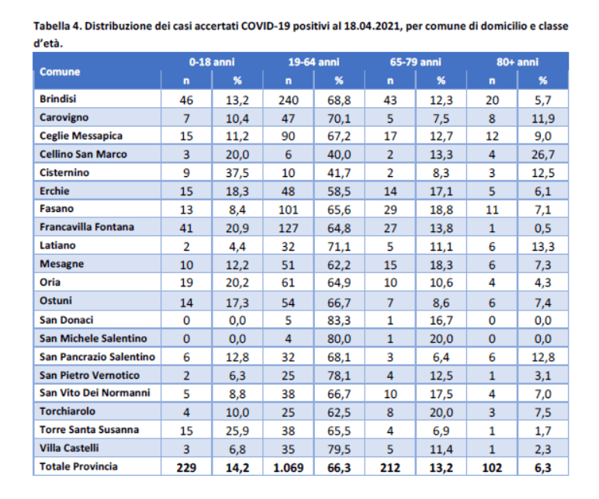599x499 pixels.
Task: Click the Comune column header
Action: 60,71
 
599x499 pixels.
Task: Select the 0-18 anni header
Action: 211,62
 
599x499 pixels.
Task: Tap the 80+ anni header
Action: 517,62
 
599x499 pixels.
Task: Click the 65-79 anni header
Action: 415,62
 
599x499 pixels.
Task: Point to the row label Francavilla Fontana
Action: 86,227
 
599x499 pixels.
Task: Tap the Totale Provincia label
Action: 78,466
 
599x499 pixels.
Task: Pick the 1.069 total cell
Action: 288,466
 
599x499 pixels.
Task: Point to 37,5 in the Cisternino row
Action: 237,172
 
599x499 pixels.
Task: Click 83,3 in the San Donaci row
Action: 339,320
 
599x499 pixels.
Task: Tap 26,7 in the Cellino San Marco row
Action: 542,154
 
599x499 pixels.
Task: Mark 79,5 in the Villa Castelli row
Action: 339,448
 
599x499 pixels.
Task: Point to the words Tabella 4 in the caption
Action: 56,26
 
